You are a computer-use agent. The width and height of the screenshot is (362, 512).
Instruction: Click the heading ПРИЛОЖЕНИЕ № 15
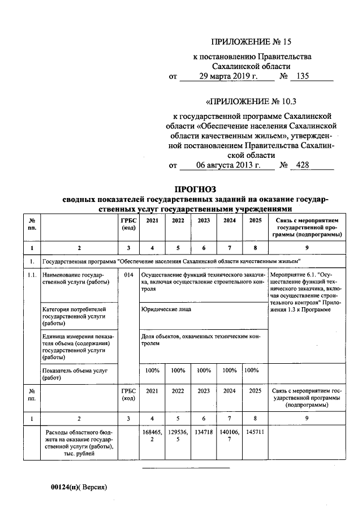pyautogui.click(x=251, y=42)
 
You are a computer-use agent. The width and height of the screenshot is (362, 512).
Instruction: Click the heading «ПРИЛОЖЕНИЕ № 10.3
pyautogui.click(x=251, y=102)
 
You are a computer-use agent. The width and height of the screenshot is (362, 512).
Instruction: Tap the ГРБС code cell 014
pyautogui.click(x=128, y=275)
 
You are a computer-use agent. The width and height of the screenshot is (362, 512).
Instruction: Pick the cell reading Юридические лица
pyautogui.click(x=166, y=309)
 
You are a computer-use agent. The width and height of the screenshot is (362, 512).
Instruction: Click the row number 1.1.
pyautogui.click(x=32, y=275)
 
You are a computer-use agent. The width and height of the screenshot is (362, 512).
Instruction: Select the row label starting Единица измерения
pyautogui.click(x=77, y=347)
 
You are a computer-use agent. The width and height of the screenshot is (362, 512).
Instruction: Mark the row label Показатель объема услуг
pyautogui.click(x=74, y=374)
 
